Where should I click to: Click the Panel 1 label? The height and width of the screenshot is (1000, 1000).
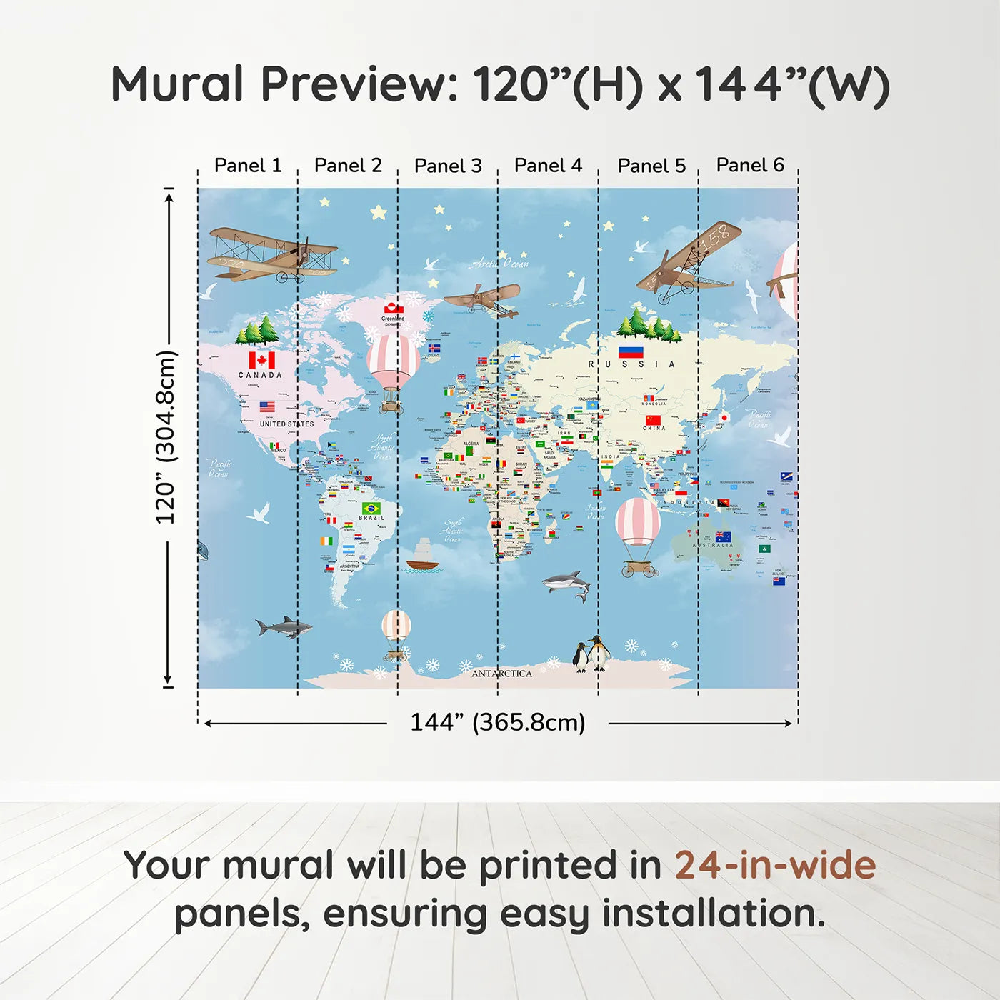pos(248,166)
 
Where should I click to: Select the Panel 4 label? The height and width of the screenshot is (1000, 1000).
pos(548,166)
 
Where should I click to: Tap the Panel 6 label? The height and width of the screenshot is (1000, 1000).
pos(750,165)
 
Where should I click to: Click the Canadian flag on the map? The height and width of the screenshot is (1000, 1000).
pos(261,360)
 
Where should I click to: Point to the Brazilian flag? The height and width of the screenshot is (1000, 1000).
pos(371,509)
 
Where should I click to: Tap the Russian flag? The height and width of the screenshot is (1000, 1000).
pos(631,351)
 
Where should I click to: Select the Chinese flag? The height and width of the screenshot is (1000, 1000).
pos(653,420)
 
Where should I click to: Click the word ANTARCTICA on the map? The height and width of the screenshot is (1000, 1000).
pos(501,674)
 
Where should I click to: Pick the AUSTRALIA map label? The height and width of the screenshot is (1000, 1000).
pos(712,545)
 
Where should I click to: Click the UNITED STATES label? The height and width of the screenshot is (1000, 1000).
pos(286,424)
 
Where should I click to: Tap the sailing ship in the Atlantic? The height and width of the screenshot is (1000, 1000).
pos(423,556)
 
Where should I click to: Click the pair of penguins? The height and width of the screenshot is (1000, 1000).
pos(591,654)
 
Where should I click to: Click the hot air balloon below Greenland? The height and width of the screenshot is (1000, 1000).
pos(392,371)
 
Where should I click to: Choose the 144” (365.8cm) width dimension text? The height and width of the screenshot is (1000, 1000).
pos(497,722)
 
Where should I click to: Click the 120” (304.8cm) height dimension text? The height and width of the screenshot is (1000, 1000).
pos(165,437)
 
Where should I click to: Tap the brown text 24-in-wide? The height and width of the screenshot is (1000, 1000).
pos(775,866)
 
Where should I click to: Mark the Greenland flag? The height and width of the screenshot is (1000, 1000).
pos(392,309)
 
